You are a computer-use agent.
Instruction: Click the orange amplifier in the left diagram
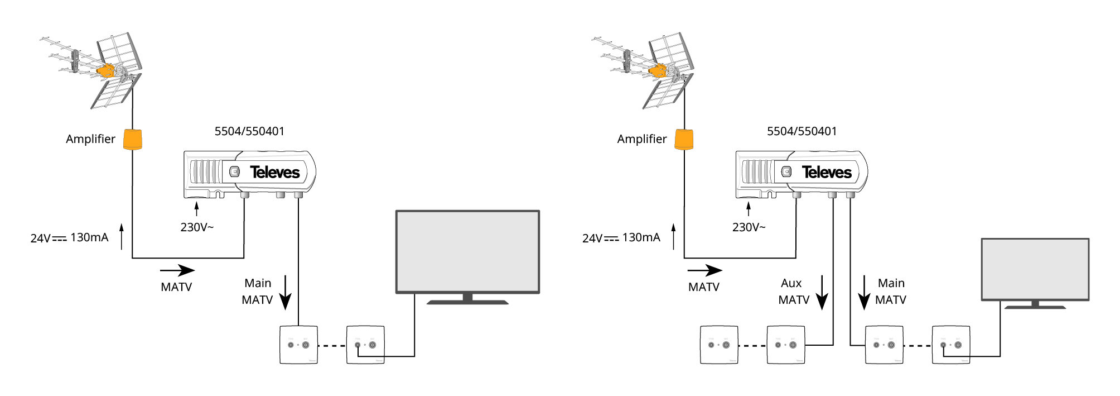point(133,140)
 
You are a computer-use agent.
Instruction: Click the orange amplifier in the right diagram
point(684,140)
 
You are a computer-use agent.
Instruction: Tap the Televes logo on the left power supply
point(275,172)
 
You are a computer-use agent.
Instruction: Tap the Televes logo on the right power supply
point(827,172)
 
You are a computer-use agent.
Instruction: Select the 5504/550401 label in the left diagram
point(249,131)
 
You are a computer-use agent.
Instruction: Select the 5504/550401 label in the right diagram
point(802,131)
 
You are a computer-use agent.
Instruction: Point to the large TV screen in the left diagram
point(467,251)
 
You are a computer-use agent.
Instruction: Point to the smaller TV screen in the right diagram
point(1035,269)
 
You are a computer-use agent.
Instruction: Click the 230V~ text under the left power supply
point(197,227)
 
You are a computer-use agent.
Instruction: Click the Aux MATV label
point(793,292)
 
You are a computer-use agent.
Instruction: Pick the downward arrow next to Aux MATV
point(822,293)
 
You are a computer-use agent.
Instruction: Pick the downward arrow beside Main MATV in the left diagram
point(285,293)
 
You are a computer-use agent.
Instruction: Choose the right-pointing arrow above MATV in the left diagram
point(177,271)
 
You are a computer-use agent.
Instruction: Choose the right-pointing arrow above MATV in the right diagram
point(705,271)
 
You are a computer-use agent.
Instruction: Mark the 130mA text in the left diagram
point(89,237)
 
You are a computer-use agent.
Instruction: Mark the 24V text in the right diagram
point(592,238)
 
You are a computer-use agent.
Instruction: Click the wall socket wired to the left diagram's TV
point(365,345)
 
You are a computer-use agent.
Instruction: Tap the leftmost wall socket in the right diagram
point(719,345)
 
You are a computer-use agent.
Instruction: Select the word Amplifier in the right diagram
point(642,139)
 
